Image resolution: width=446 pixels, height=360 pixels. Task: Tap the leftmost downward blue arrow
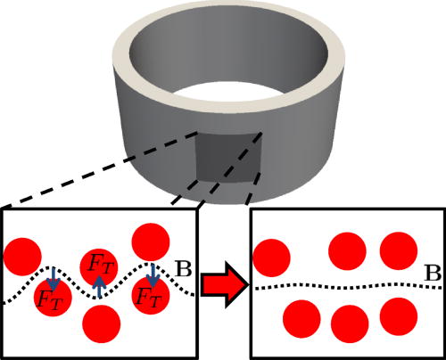(x=52, y=276)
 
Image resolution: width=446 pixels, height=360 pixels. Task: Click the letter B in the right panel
(x=429, y=275)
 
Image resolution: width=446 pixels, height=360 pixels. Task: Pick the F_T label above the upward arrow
(x=99, y=264)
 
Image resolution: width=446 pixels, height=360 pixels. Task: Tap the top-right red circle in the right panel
(x=397, y=250)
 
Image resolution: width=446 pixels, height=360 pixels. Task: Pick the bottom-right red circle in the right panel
(x=397, y=315)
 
